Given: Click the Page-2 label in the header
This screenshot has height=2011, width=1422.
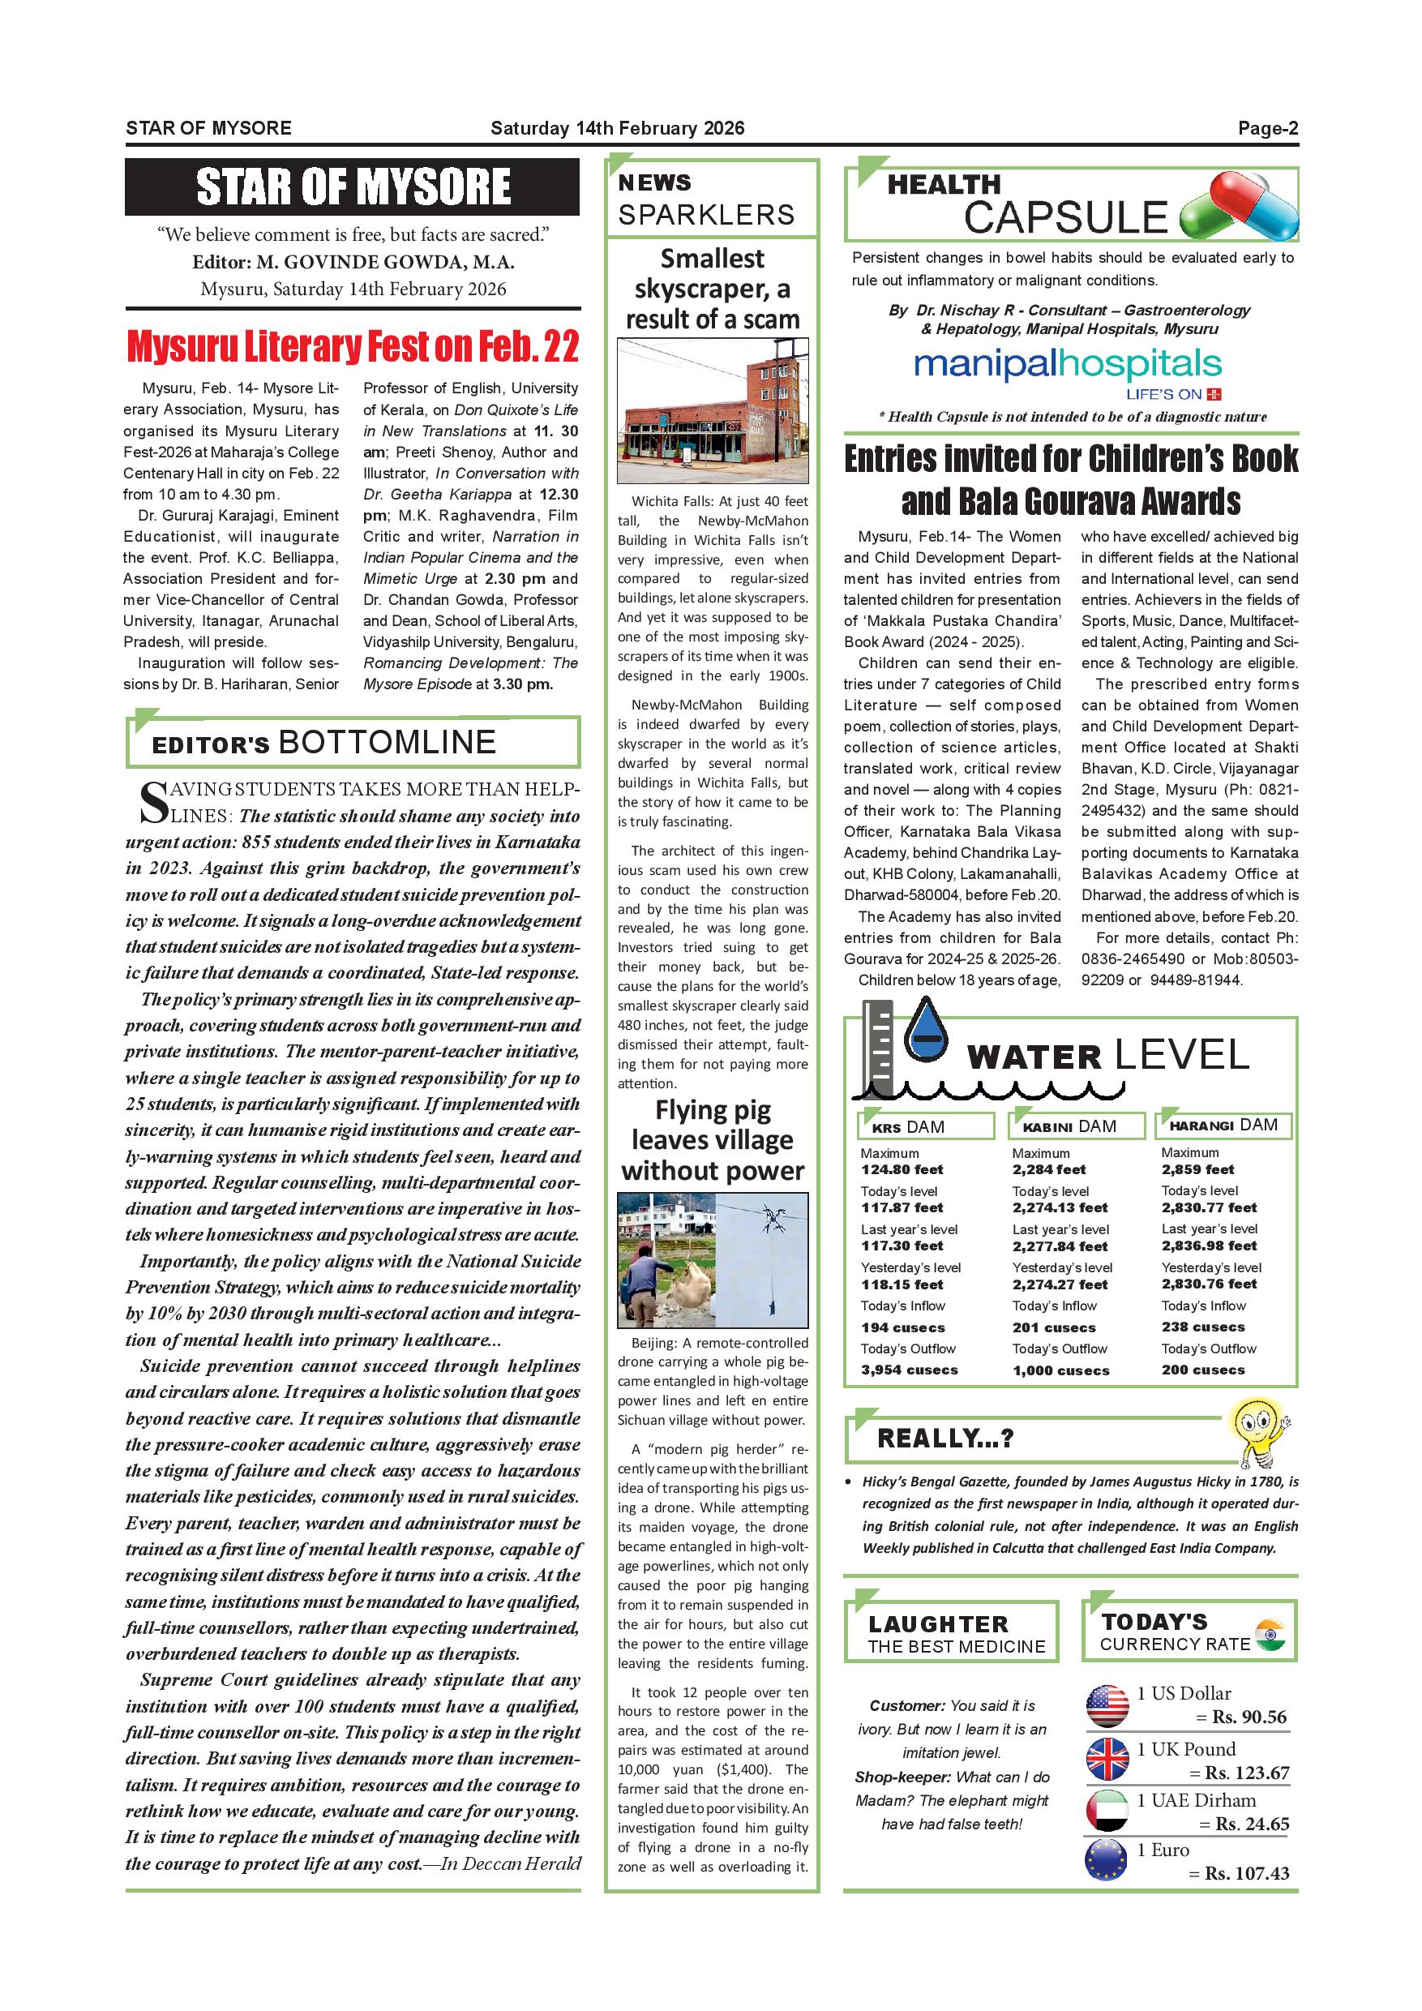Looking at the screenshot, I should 1267,129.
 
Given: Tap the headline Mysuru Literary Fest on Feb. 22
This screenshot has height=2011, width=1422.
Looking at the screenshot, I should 353,347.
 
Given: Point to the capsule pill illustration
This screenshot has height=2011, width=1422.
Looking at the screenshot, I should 1239,207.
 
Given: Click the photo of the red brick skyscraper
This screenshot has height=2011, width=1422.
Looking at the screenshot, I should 713,412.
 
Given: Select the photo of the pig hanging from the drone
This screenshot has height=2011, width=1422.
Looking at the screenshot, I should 713,1260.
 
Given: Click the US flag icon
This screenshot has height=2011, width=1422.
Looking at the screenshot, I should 1107,1706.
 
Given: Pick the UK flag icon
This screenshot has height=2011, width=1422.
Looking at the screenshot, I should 1107,1759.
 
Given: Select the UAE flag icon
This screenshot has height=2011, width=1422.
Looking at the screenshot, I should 1107,1811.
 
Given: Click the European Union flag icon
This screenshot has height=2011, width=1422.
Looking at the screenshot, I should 1107,1860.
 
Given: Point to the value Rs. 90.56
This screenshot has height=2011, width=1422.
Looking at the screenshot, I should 1249,1717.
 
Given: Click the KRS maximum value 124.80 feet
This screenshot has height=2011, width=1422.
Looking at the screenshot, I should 902,1170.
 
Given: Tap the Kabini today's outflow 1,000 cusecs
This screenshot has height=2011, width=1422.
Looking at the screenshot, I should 1060,1370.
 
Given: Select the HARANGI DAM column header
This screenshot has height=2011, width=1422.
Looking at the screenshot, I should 1223,1126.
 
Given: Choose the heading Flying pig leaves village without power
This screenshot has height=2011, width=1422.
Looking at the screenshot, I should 713,1140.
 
